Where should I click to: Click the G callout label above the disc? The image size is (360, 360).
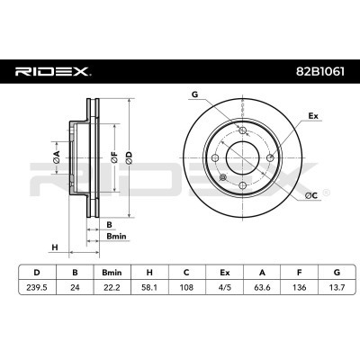194,94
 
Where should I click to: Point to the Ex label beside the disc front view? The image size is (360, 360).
314,115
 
